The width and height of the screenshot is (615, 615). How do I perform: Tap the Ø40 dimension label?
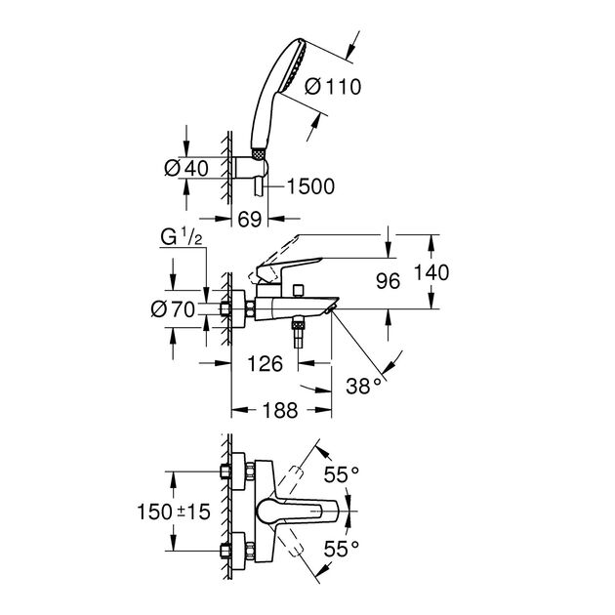(x=186, y=167)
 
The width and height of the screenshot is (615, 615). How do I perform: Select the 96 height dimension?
(x=389, y=281)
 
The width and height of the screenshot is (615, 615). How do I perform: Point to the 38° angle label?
(x=365, y=387)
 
